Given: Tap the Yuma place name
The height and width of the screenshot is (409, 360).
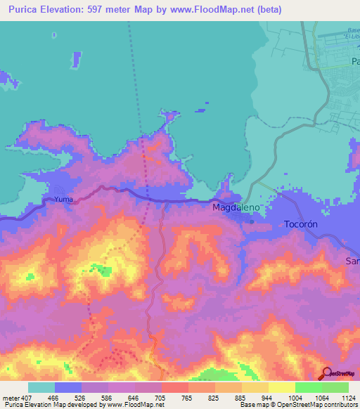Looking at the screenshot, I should click(63, 200).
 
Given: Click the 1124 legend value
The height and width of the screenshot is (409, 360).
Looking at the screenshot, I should click(349, 398).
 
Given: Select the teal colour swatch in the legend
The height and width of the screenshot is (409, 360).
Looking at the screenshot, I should click(41, 387).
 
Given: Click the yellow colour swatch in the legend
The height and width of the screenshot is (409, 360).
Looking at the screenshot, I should click(282, 387).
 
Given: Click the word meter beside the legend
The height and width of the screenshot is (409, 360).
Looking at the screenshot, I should click(9, 398).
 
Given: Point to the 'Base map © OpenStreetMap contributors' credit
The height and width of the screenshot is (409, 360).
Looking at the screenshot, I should click(298, 405).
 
